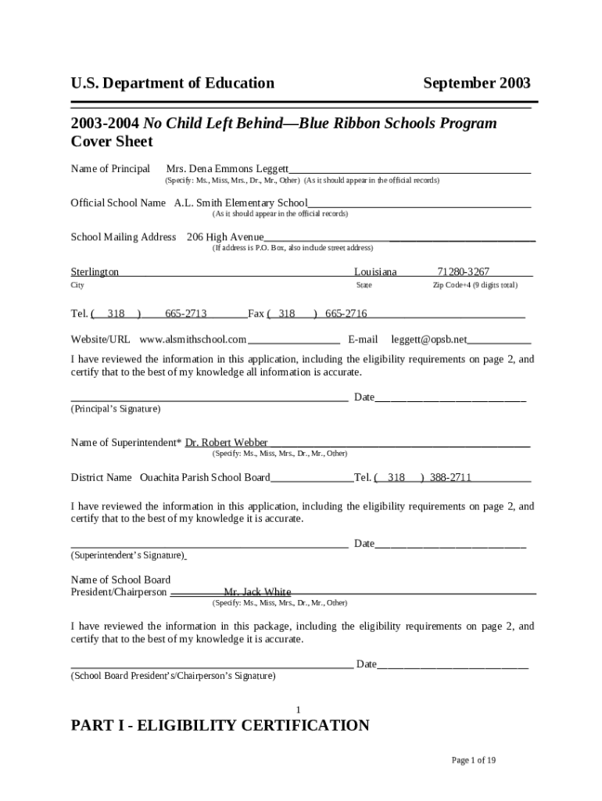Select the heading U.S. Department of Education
click(x=172, y=83)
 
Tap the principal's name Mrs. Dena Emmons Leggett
click(x=228, y=169)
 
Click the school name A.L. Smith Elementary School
click(x=241, y=203)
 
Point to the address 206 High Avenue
click(x=225, y=237)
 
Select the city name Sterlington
click(x=95, y=272)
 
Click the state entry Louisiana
click(x=375, y=272)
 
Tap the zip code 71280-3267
click(x=464, y=272)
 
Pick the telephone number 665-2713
click(x=185, y=314)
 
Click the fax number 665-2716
click(x=346, y=314)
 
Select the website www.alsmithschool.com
click(x=193, y=339)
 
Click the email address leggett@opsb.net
click(x=428, y=339)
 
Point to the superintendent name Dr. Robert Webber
click(x=226, y=443)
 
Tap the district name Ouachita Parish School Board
click(x=205, y=477)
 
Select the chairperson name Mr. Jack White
click(x=257, y=592)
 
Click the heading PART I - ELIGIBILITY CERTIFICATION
click(x=220, y=726)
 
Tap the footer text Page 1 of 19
click(x=475, y=760)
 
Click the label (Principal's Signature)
click(x=116, y=409)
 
